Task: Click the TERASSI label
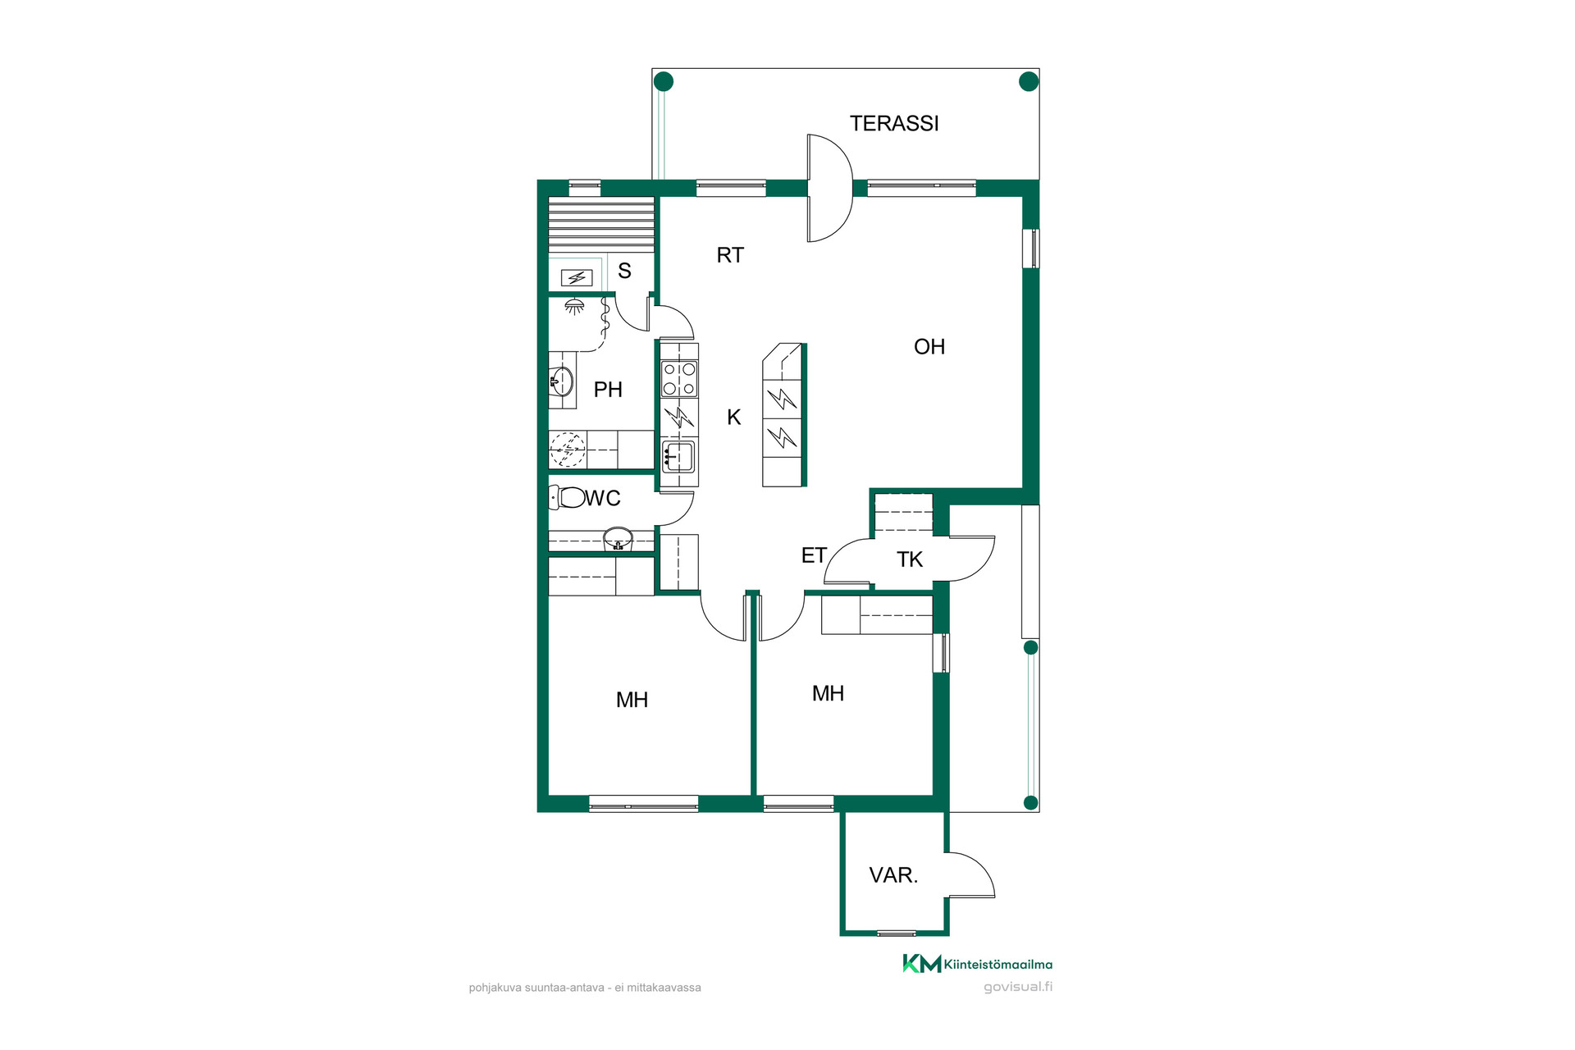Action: [x=894, y=123]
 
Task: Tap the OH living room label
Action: [x=929, y=347]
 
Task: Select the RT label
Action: [x=730, y=255]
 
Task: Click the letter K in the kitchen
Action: [x=734, y=418]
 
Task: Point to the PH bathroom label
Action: [x=608, y=390]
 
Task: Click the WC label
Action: [x=603, y=498]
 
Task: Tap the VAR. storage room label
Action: [x=893, y=875]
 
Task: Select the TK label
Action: [x=910, y=559]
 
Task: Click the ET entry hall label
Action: [x=814, y=555]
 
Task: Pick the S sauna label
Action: [x=625, y=271]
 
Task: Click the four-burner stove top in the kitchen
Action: [x=679, y=379]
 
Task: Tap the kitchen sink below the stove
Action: [x=678, y=457]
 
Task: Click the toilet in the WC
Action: [x=567, y=497]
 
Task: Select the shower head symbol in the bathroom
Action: [x=575, y=307]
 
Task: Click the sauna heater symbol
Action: [x=577, y=278]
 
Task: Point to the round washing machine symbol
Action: [x=568, y=450]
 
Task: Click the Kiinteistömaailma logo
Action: [x=977, y=964]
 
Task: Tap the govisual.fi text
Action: [x=1018, y=987]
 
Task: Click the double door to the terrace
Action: [x=830, y=188]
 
